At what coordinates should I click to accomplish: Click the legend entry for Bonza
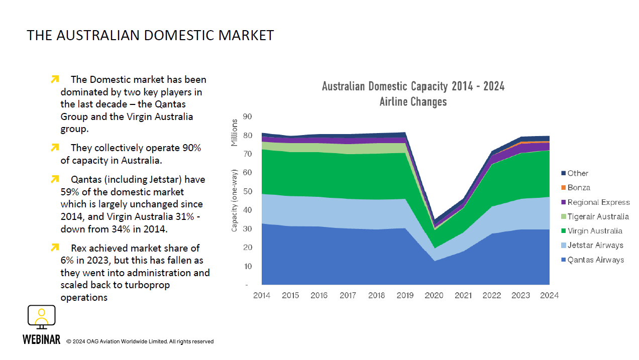(579, 188)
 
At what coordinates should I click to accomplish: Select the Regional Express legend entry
(598, 202)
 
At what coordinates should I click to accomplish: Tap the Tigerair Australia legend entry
(598, 217)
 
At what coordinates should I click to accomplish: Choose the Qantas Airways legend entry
(595, 260)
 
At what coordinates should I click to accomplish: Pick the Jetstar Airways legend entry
(595, 246)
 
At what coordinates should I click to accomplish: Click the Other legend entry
(578, 173)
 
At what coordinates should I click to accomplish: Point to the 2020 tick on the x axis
(434, 295)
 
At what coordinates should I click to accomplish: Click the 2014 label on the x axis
(262, 295)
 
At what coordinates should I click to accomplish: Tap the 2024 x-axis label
(549, 295)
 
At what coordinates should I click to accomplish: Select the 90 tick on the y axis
(247, 116)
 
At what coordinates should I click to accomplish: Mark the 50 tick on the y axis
(247, 192)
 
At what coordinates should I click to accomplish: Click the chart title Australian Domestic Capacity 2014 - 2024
(413, 86)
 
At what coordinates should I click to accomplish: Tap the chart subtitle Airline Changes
(413, 102)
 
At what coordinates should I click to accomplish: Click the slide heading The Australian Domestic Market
(150, 35)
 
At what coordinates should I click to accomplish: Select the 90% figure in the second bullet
(191, 148)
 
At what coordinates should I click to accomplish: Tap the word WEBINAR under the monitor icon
(41, 340)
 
